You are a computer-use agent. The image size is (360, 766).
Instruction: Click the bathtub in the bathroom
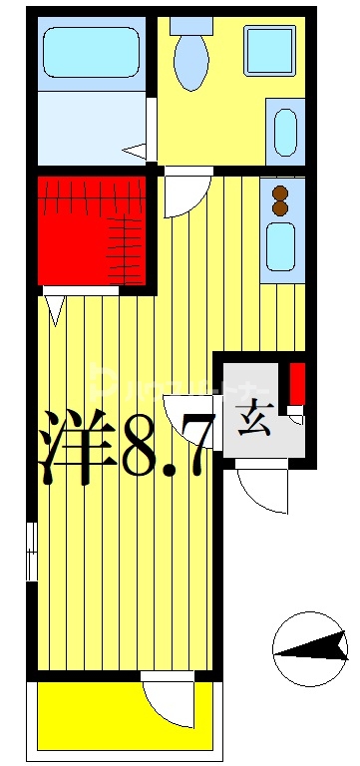(90, 53)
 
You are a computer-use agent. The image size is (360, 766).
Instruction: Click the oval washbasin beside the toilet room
(283, 132)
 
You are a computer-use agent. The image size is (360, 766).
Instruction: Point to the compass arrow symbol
(310, 649)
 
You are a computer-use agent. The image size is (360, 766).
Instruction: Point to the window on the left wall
(32, 549)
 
